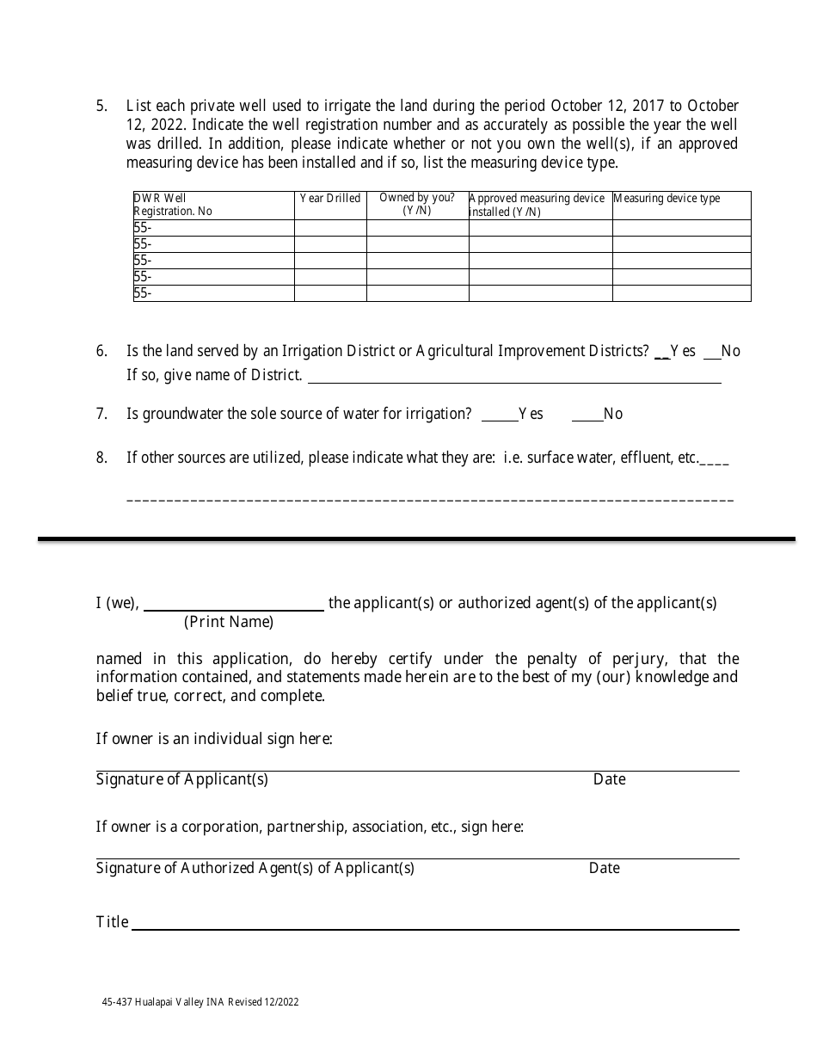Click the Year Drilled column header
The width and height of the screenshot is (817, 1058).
click(330, 199)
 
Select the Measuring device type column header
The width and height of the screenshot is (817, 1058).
click(666, 199)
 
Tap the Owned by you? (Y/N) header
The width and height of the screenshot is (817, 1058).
click(417, 204)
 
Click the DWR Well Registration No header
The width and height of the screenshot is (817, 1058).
click(173, 205)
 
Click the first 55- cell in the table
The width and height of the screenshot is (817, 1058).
click(143, 228)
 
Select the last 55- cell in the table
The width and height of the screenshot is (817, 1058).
click(143, 293)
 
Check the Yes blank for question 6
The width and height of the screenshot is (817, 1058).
click(662, 352)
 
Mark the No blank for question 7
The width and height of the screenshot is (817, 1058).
click(587, 415)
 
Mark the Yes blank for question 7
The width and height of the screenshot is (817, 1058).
click(499, 415)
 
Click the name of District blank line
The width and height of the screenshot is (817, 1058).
click(514, 377)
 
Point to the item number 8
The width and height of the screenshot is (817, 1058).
click(101, 458)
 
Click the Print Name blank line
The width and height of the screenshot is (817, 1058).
click(233, 604)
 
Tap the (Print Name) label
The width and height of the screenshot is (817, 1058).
click(229, 622)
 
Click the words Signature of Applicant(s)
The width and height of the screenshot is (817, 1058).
click(182, 779)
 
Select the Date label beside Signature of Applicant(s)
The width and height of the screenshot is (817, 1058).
click(609, 779)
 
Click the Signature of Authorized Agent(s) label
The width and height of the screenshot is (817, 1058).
click(255, 868)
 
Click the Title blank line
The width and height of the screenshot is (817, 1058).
click(434, 923)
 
